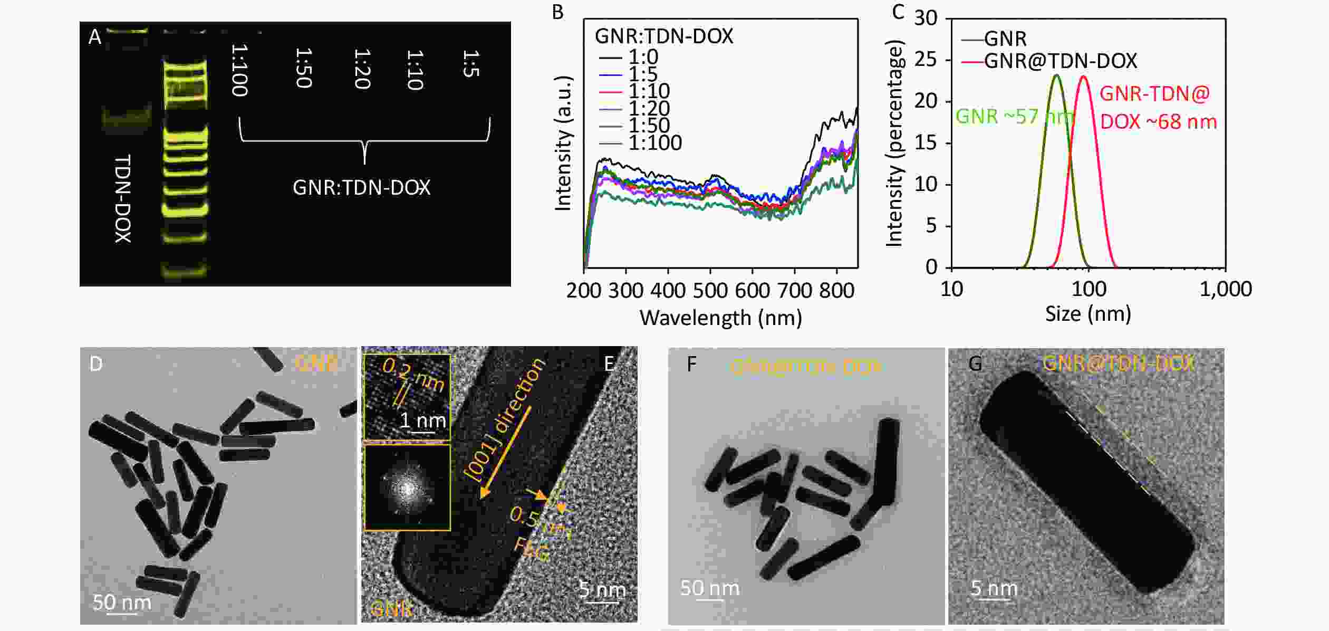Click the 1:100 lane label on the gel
click(x=239, y=71)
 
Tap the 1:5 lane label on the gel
click(x=471, y=64)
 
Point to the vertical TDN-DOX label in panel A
click(x=123, y=198)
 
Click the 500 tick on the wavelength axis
click(x=710, y=290)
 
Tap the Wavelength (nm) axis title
click(x=720, y=318)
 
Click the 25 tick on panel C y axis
click(x=926, y=60)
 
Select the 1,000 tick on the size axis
click(x=1226, y=290)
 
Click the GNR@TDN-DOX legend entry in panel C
click(x=1060, y=61)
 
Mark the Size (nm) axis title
click(x=1088, y=314)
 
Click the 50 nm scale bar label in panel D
click(x=122, y=602)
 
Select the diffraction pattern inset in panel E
click(x=407, y=487)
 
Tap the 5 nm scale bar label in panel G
click(x=994, y=588)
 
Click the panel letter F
click(x=692, y=365)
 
